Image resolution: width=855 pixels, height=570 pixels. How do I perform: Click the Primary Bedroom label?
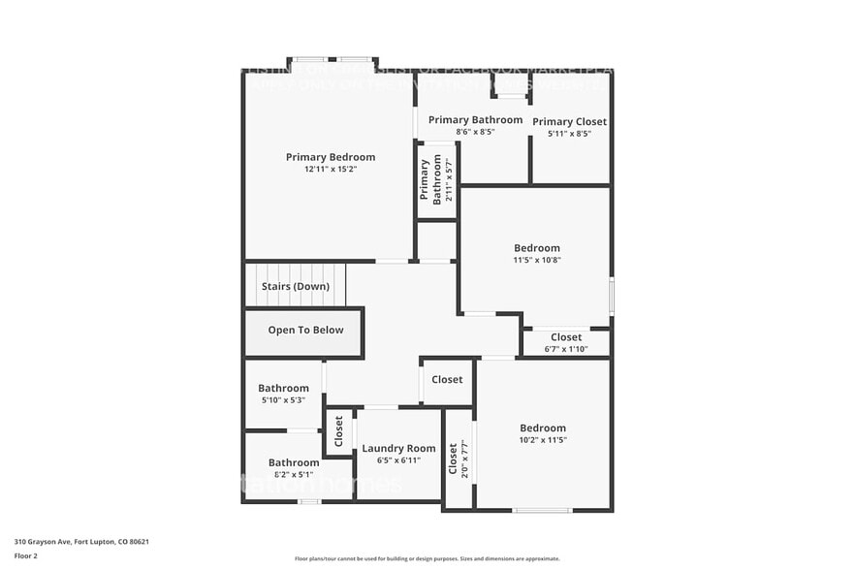[330, 157]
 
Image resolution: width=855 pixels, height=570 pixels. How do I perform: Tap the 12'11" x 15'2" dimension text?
[330, 170]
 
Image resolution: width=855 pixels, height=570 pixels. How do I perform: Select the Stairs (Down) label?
[295, 287]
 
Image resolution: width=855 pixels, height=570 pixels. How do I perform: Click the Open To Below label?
[305, 331]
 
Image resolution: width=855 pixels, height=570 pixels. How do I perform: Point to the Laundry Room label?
[398, 449]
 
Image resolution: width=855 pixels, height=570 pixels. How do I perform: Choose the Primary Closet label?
[569, 121]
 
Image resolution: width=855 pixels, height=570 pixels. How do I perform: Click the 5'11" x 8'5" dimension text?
[569, 134]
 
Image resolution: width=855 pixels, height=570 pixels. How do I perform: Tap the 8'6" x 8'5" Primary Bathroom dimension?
[475, 132]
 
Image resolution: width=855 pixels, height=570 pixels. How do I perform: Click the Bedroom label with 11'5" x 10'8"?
[536, 248]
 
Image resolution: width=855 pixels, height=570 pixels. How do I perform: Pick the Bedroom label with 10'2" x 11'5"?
[542, 428]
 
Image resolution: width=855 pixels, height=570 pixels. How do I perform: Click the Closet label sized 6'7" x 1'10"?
[566, 337]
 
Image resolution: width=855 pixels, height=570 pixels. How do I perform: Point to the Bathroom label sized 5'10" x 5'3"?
[283, 388]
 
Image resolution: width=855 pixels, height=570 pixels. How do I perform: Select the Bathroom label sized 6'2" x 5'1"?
[294, 462]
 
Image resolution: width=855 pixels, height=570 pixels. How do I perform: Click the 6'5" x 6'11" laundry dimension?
[398, 460]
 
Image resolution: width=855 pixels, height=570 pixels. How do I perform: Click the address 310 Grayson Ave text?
[80, 542]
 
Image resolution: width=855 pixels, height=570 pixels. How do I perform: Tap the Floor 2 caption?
[25, 556]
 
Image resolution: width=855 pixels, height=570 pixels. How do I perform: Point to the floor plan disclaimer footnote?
[427, 558]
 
